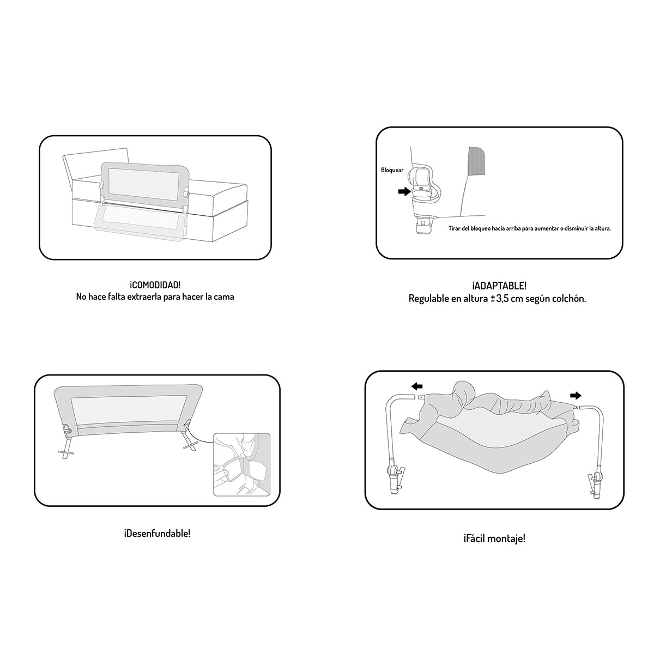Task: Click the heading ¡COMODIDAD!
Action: point(155,285)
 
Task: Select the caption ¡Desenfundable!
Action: point(157,533)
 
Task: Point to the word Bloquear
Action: point(392,170)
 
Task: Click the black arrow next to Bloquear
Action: point(404,191)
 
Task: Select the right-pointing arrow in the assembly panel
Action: point(575,396)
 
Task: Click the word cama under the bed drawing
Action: point(223,297)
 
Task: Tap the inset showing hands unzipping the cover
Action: point(241,464)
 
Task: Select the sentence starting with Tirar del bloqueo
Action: point(529,229)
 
